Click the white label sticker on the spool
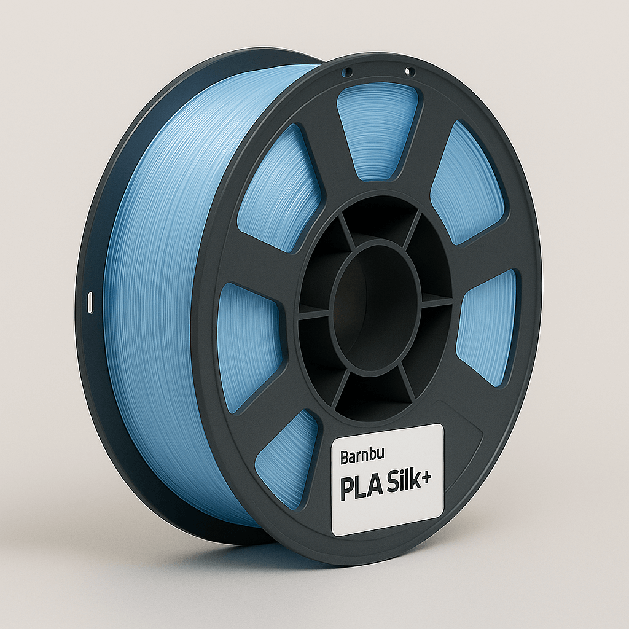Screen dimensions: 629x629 point(387,479)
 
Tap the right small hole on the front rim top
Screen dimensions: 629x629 point(410,73)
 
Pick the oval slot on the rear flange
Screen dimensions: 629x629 point(90,302)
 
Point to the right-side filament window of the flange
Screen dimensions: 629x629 point(488,326)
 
